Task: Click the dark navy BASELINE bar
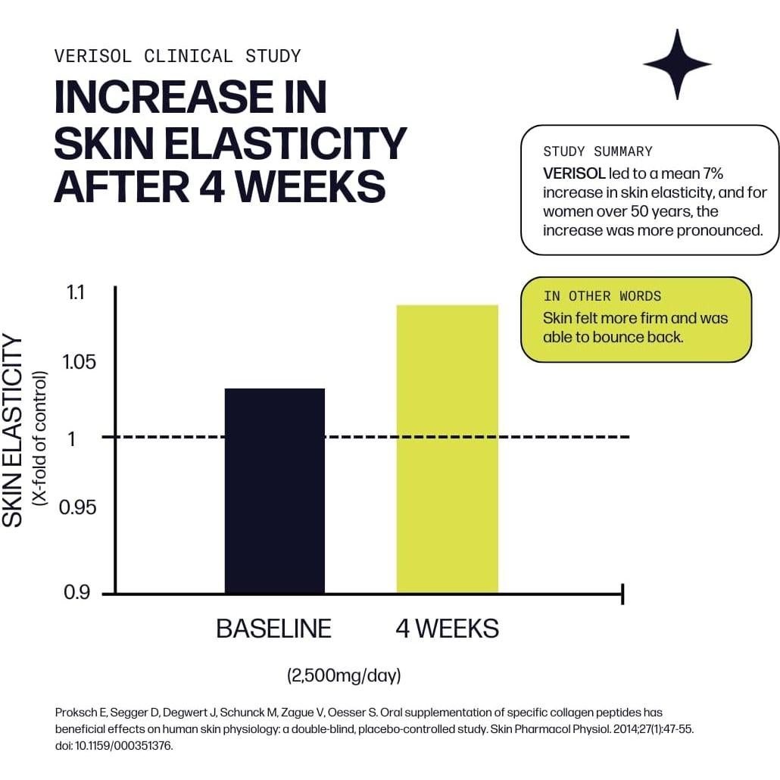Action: point(275,490)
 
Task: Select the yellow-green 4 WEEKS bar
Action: point(448,448)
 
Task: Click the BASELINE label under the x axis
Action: point(274,629)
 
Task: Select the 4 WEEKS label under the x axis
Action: point(448,629)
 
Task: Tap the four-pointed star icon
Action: point(676,64)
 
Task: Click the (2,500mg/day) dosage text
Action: point(344,675)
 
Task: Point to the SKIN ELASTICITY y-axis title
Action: point(14,432)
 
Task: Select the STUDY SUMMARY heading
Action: point(597,151)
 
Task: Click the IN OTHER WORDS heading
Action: point(602,296)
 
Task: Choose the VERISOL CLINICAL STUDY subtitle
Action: point(178,56)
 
